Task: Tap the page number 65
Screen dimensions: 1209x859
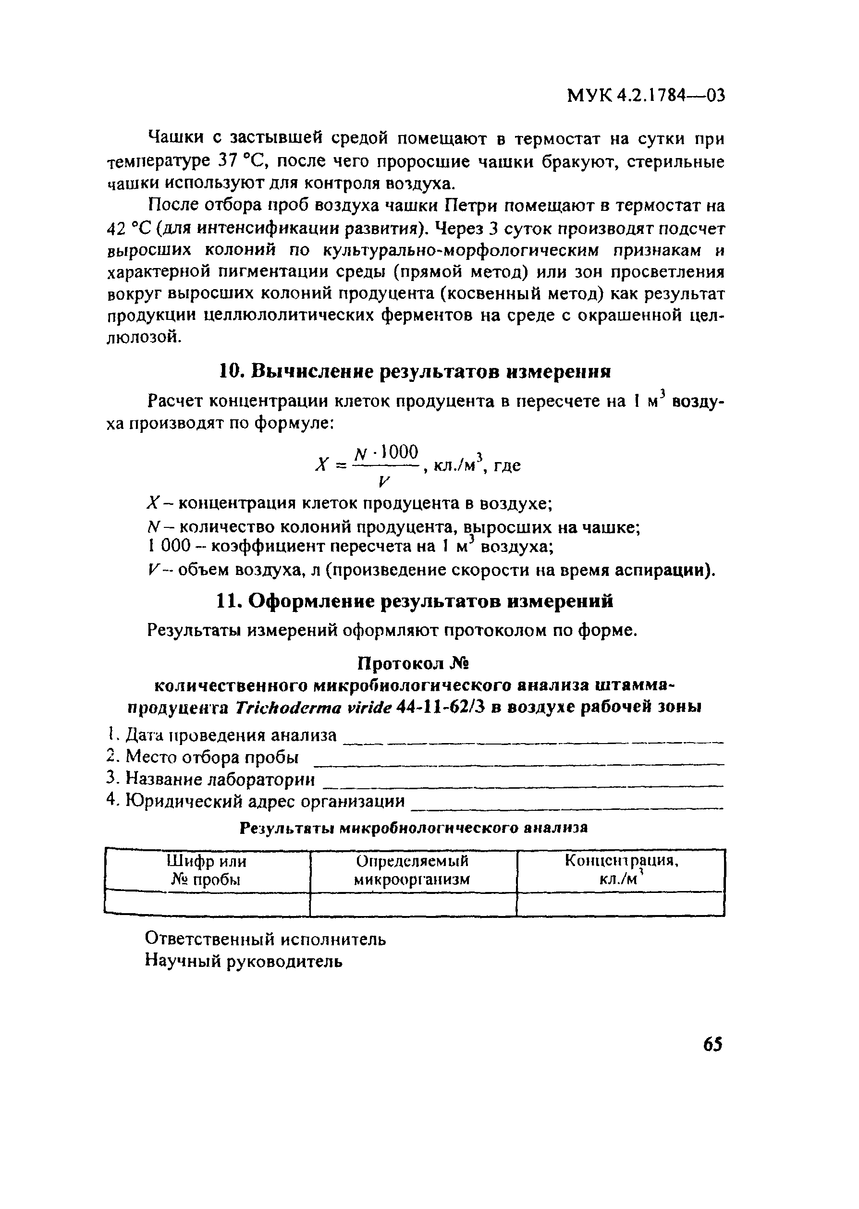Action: [x=712, y=1045]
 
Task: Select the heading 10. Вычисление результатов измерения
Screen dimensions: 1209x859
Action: [x=415, y=372]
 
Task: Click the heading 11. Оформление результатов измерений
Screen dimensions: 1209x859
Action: [x=415, y=601]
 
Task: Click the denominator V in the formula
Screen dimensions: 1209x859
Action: [x=384, y=481]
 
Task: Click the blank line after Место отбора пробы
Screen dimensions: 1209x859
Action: [x=518, y=763]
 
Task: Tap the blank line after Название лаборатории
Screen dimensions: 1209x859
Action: [x=523, y=785]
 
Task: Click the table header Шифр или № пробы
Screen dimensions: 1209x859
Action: [x=207, y=870]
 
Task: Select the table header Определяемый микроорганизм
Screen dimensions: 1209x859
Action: [x=413, y=870]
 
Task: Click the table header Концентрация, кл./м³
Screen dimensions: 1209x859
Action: [x=621, y=870]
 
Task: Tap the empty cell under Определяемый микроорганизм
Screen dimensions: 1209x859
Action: [x=413, y=904]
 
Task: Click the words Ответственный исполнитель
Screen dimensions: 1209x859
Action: [x=266, y=939]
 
